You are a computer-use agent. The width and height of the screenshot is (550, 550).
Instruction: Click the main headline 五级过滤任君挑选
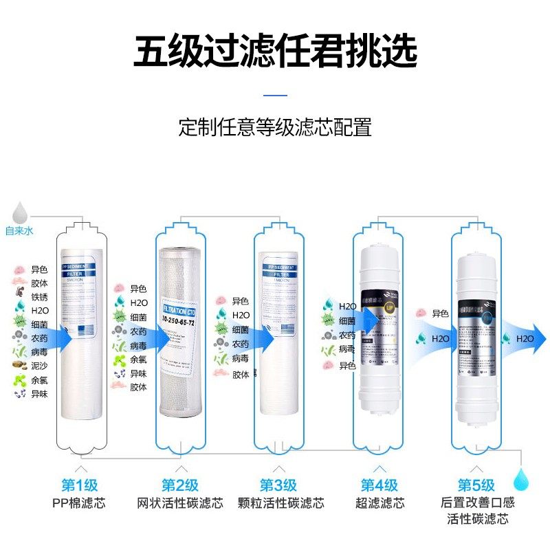(x=275, y=52)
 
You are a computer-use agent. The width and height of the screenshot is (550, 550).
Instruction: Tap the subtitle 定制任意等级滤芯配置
(x=275, y=127)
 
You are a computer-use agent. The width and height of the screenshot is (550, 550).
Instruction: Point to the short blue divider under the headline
(x=275, y=96)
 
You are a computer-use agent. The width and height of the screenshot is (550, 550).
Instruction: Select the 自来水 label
(x=19, y=231)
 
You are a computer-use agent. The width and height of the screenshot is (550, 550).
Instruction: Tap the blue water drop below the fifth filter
(x=522, y=476)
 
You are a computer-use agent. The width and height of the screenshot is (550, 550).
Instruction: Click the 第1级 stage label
(x=82, y=485)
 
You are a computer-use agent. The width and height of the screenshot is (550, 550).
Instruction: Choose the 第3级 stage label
(x=278, y=485)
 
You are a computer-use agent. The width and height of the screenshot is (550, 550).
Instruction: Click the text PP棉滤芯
(x=82, y=503)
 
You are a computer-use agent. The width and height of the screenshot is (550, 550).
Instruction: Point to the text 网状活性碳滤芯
(x=180, y=503)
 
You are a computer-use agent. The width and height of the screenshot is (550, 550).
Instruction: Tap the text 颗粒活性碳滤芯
(x=278, y=503)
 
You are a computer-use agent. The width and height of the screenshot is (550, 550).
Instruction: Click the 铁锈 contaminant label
(x=39, y=296)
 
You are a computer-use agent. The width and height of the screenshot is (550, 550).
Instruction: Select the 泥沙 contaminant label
(x=39, y=366)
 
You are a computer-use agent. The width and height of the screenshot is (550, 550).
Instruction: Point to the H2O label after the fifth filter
(x=525, y=338)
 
